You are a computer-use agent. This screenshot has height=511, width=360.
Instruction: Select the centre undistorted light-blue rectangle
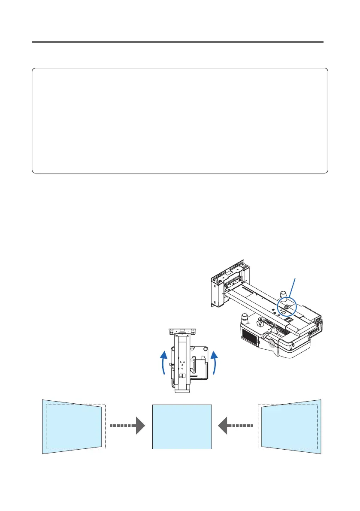click(x=182, y=426)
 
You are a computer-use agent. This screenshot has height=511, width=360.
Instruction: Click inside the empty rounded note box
click(x=180, y=120)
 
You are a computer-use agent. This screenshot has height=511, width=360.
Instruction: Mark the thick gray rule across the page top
click(x=178, y=42)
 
